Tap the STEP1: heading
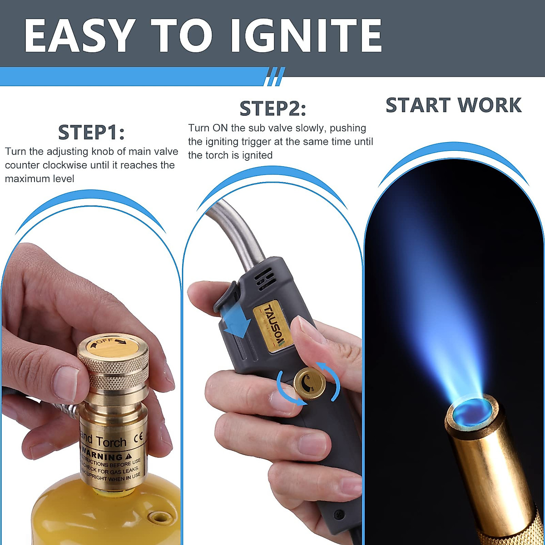[91, 132]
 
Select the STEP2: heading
[273, 109]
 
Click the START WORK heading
[454, 105]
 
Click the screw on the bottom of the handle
[338, 515]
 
